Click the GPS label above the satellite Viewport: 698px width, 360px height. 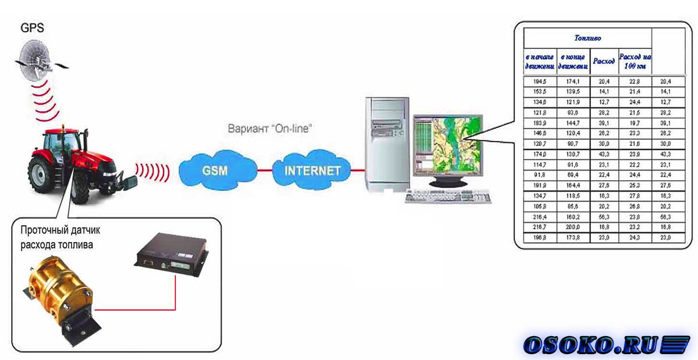(32, 28)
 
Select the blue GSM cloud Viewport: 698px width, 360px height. (215, 170)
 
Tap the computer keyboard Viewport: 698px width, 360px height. (448, 197)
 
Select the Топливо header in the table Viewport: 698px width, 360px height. (587, 38)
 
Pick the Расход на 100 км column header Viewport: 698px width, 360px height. (635, 61)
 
